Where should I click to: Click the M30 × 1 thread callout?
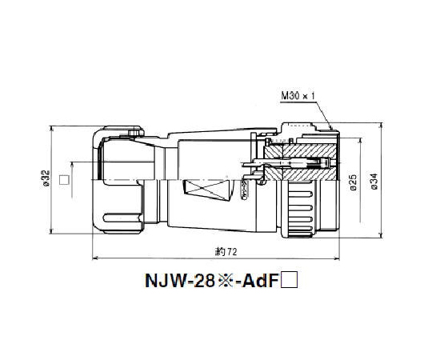point(298,96)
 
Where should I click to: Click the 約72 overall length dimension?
point(227,252)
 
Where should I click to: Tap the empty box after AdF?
point(291,280)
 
